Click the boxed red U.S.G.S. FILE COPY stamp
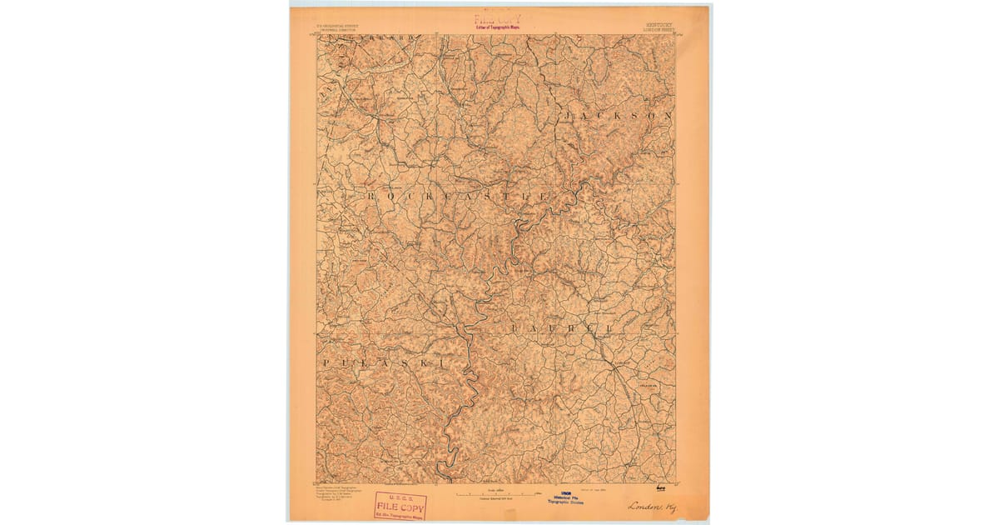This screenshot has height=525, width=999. point(400,506)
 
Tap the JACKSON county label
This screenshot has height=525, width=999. point(618,114)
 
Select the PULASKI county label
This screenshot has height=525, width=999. point(384,363)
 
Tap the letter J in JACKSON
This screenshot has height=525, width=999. point(569,113)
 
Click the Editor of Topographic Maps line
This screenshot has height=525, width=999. point(498,27)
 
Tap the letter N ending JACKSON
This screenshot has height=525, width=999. point(666,115)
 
